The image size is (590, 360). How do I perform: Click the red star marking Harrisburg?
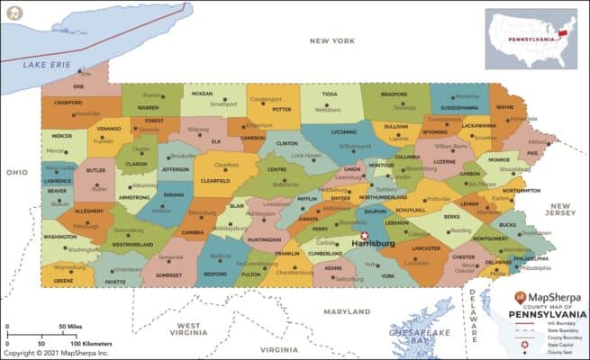(365, 236)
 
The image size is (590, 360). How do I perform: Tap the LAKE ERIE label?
(47, 65)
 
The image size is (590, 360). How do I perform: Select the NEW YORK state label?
(331, 40)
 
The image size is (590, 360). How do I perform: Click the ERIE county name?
(78, 86)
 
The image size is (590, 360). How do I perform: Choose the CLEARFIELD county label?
(220, 179)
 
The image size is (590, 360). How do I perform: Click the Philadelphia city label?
(535, 267)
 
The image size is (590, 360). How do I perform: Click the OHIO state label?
(16, 172)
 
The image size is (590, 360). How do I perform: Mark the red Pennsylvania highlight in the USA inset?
(566, 32)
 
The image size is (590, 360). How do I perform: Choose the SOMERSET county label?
(170, 274)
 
